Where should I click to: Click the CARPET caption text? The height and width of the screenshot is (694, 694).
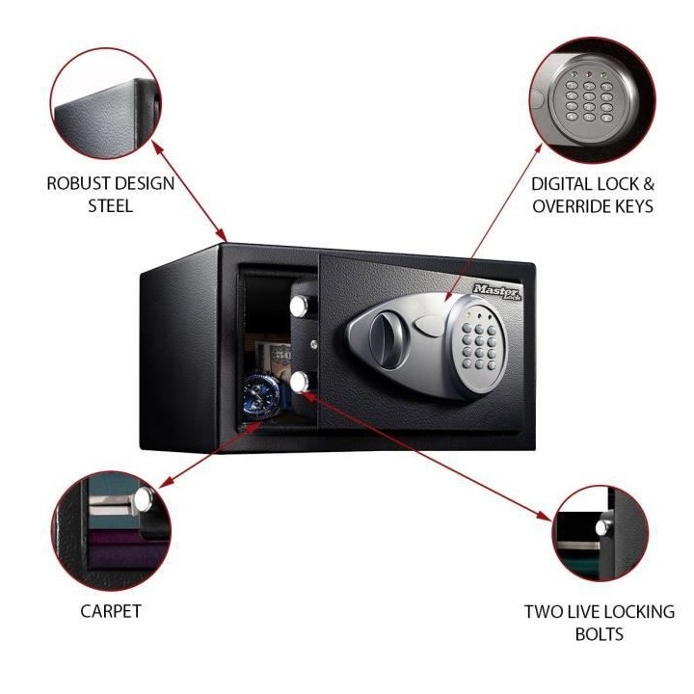[x=110, y=611]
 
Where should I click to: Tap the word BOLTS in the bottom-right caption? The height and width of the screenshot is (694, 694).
[x=600, y=634]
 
